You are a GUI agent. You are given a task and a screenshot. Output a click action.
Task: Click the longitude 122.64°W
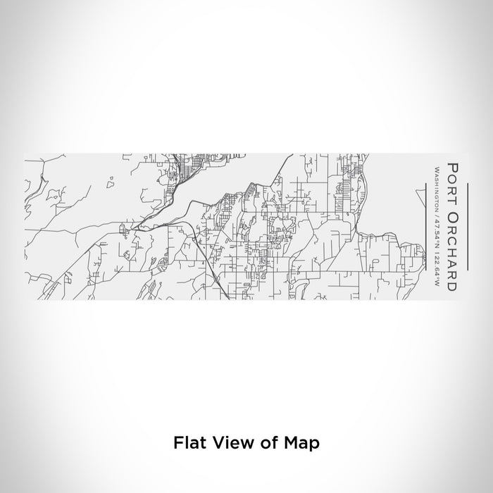(x=437, y=269)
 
